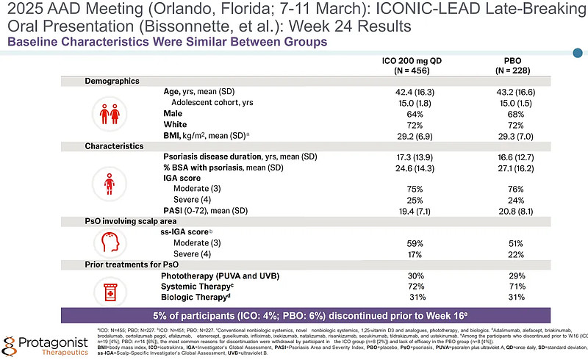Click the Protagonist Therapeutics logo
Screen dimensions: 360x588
coord(44,344)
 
